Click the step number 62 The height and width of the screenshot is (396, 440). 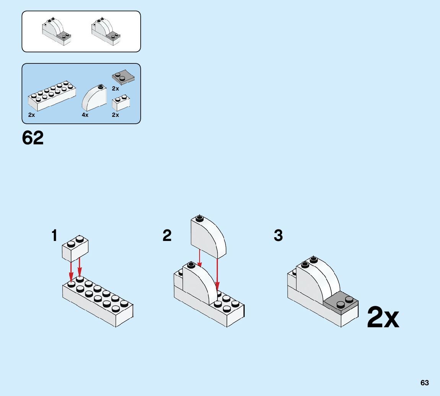coord(33,138)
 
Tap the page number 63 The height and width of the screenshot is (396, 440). coord(424,383)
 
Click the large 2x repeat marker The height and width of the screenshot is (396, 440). coord(383,318)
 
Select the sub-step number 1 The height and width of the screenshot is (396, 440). coord(55,236)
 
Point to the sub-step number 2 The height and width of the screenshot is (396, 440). coord(167,236)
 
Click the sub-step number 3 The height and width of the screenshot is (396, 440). coord(278,236)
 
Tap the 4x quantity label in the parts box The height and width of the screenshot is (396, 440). coord(85,115)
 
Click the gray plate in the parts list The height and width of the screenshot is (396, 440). coord(123,78)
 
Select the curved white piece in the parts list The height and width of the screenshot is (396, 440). coord(94,98)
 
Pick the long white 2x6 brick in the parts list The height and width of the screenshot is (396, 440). coord(51,96)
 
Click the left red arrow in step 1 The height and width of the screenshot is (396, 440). coord(71,272)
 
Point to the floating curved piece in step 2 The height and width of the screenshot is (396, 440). coord(208,237)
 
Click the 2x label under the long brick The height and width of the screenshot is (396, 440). coord(31,115)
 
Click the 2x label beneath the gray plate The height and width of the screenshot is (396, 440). coord(115,89)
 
